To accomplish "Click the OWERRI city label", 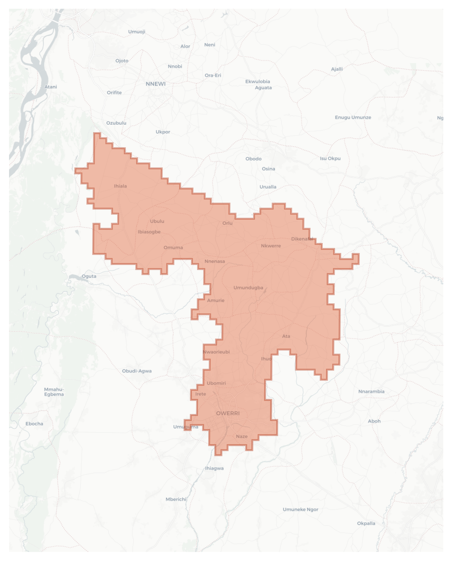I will [x=228, y=413].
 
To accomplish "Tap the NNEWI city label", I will [x=155, y=84].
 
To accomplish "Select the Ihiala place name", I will [x=120, y=186].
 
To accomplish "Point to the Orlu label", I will [x=227, y=223].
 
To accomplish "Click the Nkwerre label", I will [x=271, y=246].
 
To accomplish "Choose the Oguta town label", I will [x=89, y=276].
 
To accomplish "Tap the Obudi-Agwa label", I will [x=137, y=371].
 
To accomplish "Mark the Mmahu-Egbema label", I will [x=54, y=392].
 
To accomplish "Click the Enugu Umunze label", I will [x=353, y=117].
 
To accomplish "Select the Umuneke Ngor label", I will [x=300, y=509].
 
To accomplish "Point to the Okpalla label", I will [x=366, y=523].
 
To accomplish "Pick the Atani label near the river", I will [x=51, y=87].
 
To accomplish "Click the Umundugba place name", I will [x=248, y=288].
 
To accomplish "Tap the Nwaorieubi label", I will [x=216, y=352].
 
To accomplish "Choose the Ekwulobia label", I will [x=258, y=81].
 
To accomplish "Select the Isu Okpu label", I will [x=330, y=158].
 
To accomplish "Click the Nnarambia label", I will [x=371, y=391].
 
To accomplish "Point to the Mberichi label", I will [x=176, y=499].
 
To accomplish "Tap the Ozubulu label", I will [x=116, y=123].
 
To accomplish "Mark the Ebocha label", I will [x=34, y=424].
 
